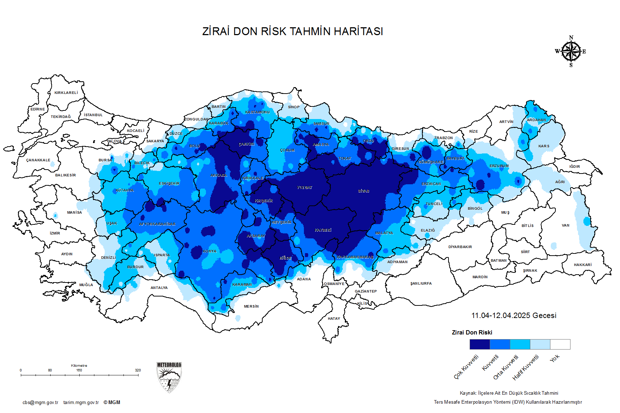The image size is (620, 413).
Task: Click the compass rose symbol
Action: pos(571,52)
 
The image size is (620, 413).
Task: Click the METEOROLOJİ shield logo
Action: pos(169,377)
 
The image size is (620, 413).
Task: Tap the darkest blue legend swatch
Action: pos(480,344)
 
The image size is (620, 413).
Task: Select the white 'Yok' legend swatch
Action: pos(560,344)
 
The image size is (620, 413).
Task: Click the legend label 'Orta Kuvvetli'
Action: pos(506,367)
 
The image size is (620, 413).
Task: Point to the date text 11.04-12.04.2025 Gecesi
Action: pos(513,315)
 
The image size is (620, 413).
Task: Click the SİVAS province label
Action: pos(363,191)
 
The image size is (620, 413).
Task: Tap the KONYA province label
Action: pos(210,251)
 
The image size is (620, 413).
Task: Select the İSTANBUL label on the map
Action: pos(93,115)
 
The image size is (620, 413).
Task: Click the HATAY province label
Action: pos(334,318)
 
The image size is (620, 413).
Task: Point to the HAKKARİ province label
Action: pos(582,265)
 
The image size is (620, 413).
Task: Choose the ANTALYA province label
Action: pos(159,288)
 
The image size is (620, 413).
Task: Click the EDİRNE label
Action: pos(38,109)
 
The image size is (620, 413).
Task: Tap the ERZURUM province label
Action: pos(499,166)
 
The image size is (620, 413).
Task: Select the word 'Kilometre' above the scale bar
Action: pos(79,366)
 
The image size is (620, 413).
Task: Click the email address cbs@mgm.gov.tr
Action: pos(40,403)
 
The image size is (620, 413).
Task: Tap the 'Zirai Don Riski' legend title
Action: pos(472,333)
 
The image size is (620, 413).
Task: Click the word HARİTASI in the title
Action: pos(358,32)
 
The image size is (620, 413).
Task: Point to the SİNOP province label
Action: pos(293,107)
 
